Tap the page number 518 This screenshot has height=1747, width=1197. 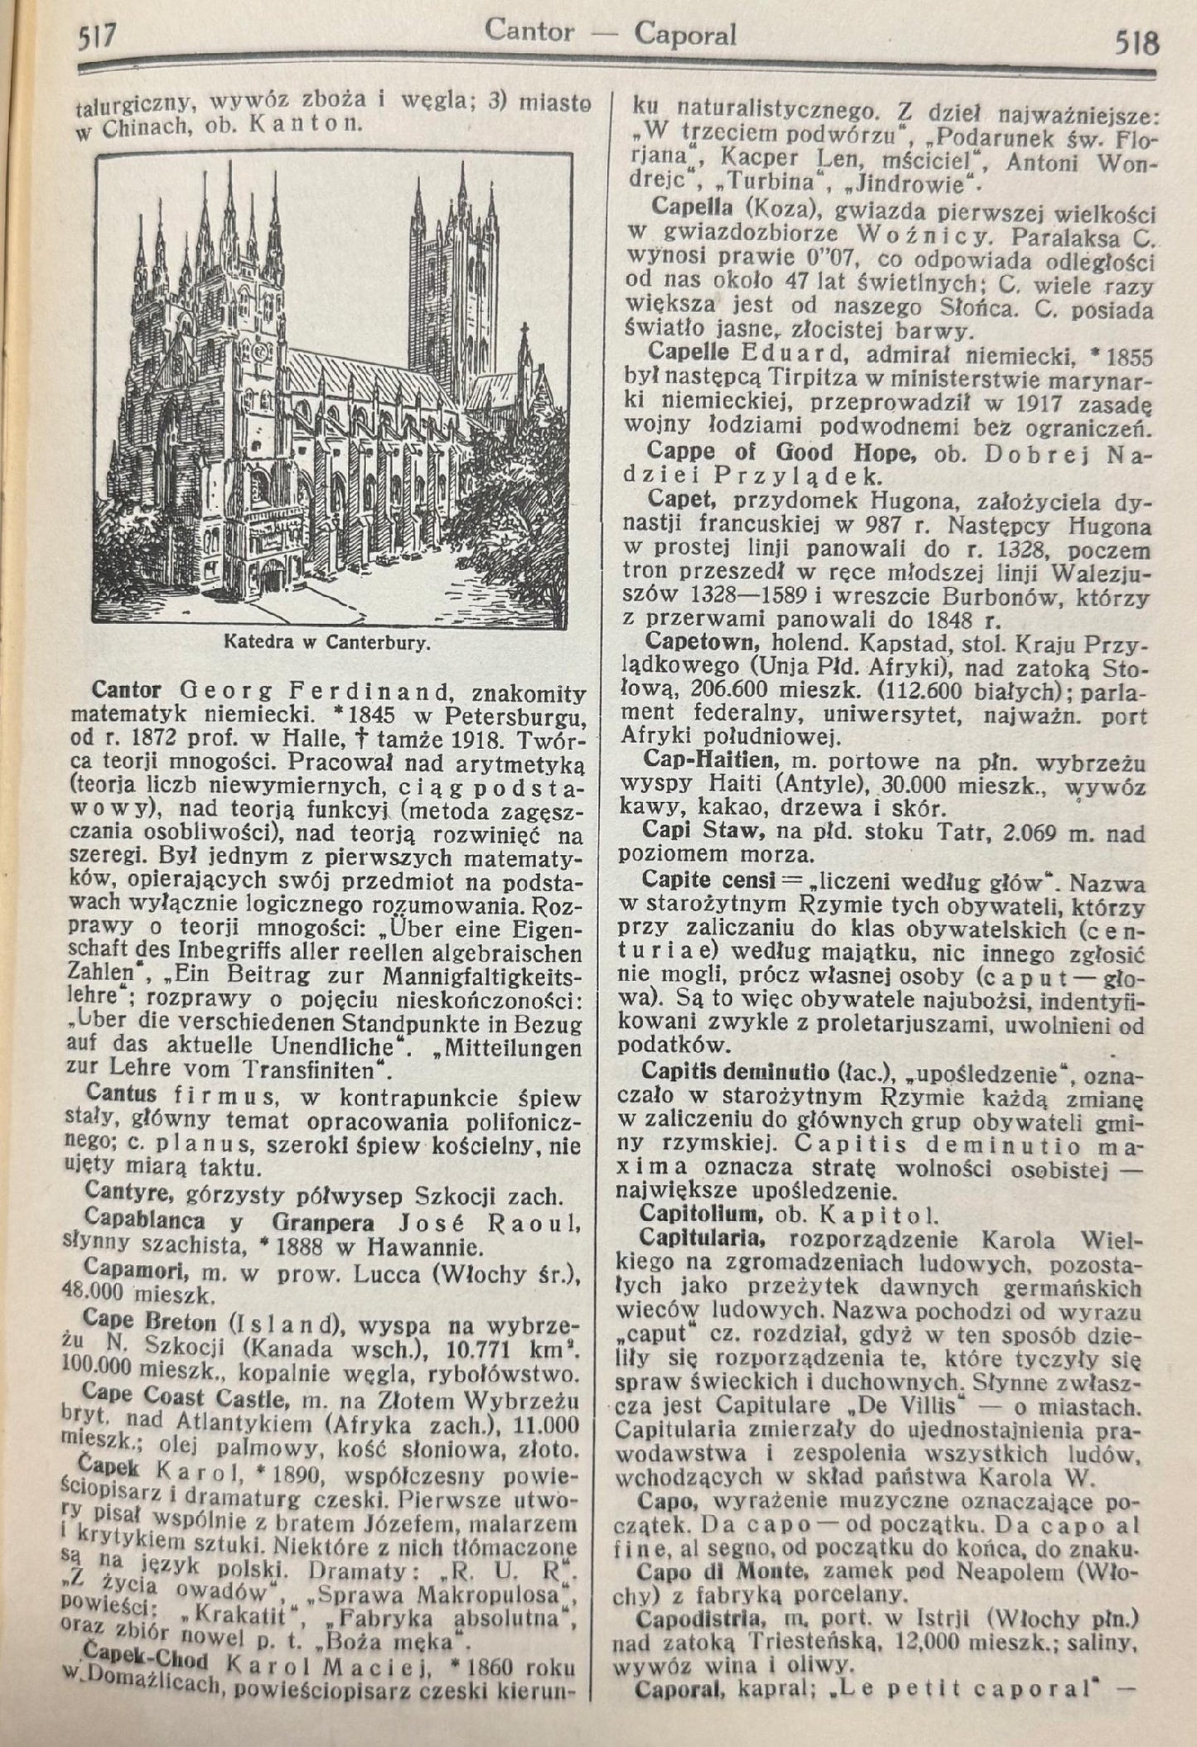pyautogui.click(x=1137, y=41)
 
